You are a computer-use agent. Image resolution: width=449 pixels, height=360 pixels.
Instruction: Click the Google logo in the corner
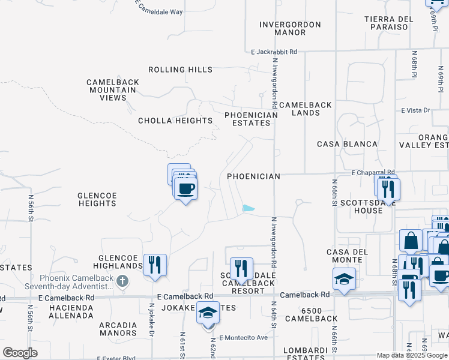20,352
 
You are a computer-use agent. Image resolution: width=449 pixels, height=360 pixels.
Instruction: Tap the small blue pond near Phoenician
248,209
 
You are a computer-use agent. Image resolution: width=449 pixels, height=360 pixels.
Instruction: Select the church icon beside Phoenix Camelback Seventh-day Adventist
122,281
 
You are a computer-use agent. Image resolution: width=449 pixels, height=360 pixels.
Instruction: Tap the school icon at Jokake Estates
208,315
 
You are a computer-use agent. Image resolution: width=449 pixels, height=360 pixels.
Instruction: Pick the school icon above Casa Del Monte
345,279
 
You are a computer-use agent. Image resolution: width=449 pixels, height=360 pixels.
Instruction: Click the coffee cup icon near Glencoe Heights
185,188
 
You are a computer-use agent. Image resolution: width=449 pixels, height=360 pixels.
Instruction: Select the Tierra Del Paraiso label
389,23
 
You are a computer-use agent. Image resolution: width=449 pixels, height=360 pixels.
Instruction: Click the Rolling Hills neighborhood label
181,70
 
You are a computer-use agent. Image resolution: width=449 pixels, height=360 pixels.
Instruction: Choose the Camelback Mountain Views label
113,90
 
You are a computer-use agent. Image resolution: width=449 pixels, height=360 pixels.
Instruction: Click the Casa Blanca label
347,144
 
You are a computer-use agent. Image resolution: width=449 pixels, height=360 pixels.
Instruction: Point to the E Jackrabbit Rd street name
274,52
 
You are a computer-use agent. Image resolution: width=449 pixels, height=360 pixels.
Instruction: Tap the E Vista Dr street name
416,110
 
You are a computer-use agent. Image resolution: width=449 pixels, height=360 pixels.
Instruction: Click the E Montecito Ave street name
243,338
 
